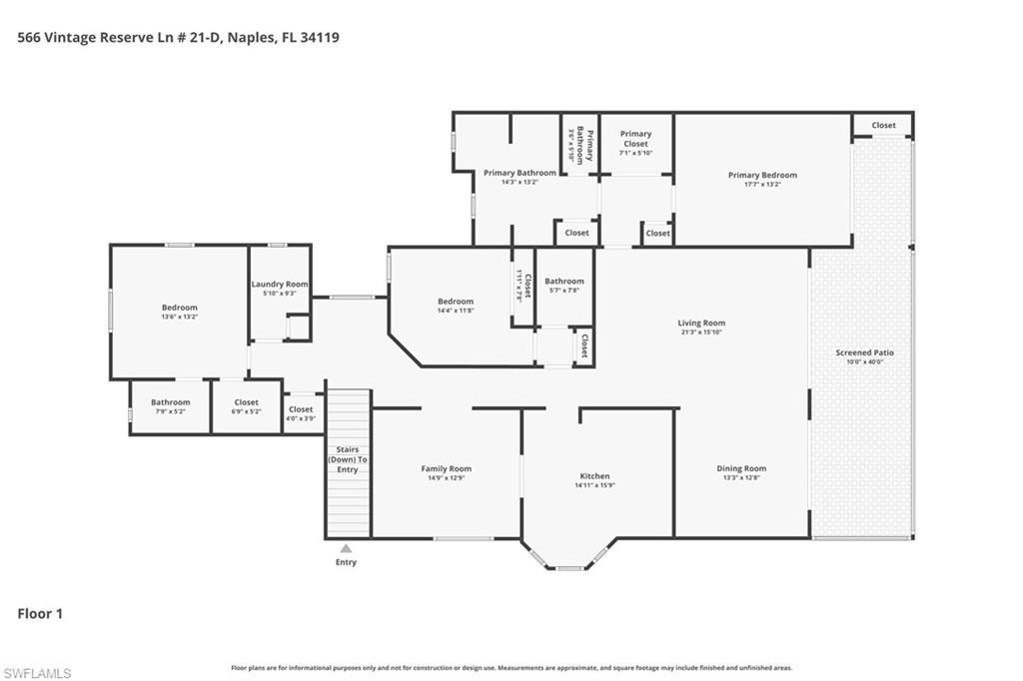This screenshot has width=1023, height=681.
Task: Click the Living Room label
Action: click(701, 324)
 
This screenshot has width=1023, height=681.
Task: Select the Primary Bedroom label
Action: click(762, 175)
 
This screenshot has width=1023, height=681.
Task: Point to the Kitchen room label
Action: click(594, 476)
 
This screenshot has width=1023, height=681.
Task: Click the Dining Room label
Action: click(741, 468)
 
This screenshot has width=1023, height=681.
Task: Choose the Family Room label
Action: click(446, 468)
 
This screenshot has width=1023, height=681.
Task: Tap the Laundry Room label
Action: click(279, 285)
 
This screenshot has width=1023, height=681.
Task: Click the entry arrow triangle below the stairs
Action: click(346, 548)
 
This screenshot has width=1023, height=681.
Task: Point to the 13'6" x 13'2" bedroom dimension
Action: click(180, 317)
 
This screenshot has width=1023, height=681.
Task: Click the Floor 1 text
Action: click(40, 614)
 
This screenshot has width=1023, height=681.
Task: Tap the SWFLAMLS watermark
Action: click(37, 673)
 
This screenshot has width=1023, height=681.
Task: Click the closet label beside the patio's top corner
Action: click(883, 126)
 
